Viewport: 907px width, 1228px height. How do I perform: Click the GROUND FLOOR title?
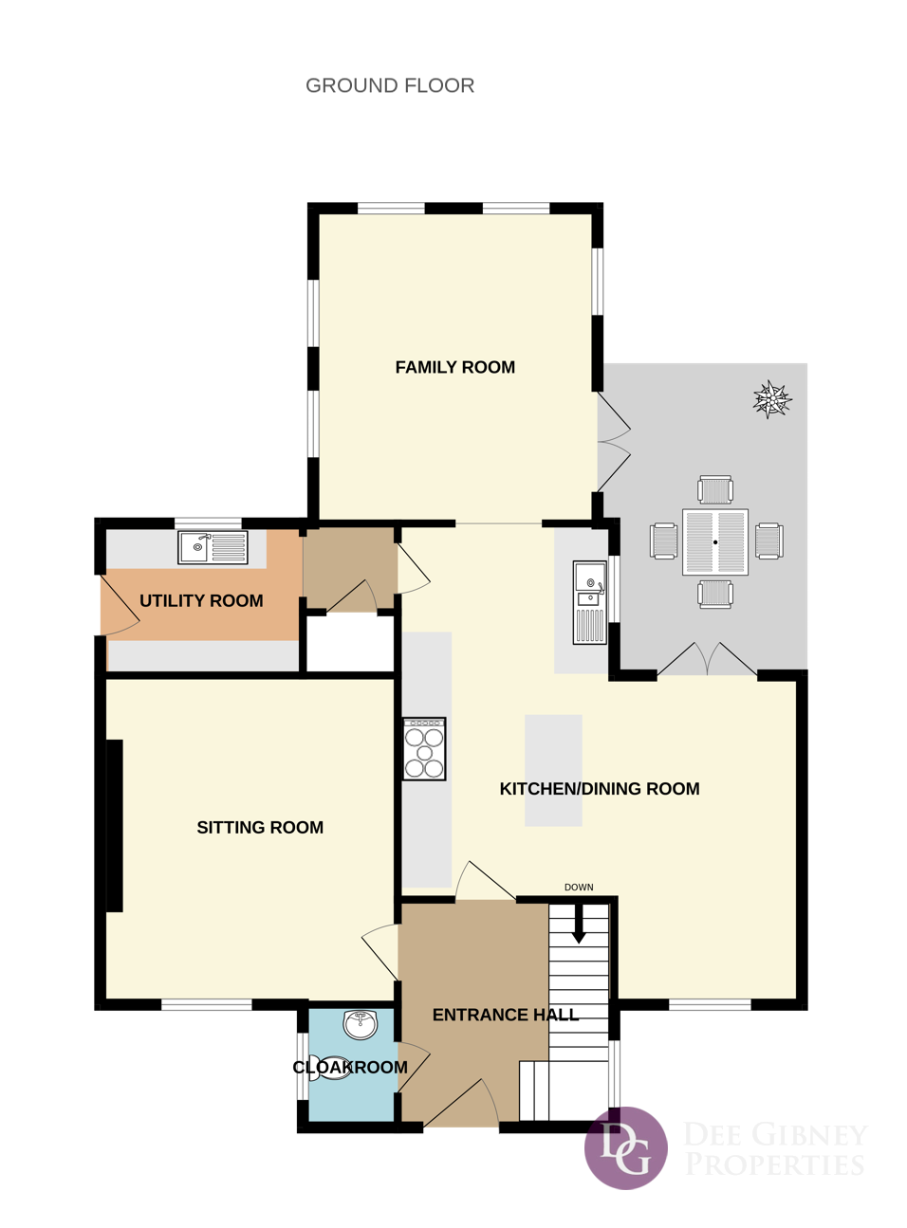click(x=390, y=85)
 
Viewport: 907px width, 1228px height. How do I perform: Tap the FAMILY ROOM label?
click(x=454, y=367)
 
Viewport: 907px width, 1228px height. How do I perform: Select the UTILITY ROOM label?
click(x=201, y=600)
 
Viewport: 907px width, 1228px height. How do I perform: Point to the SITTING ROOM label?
click(x=260, y=827)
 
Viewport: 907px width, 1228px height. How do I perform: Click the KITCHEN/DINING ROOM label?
click(x=600, y=788)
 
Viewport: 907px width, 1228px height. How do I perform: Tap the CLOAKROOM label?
click(x=350, y=1067)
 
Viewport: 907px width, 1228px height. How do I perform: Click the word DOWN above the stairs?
click(x=579, y=887)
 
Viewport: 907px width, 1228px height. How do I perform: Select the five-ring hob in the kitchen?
click(x=424, y=749)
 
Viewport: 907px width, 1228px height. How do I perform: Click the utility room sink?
click(x=213, y=547)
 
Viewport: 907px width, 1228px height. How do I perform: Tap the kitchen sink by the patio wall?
click(x=590, y=602)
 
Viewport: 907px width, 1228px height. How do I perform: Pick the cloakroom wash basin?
click(x=361, y=1024)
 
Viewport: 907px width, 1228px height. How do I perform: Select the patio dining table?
click(x=715, y=541)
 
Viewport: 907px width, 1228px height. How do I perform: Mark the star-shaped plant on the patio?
click(x=772, y=398)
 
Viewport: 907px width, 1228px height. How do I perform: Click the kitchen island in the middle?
click(x=553, y=770)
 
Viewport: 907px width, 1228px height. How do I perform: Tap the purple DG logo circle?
click(x=625, y=1147)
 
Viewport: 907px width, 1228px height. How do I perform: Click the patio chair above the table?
click(x=715, y=489)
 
